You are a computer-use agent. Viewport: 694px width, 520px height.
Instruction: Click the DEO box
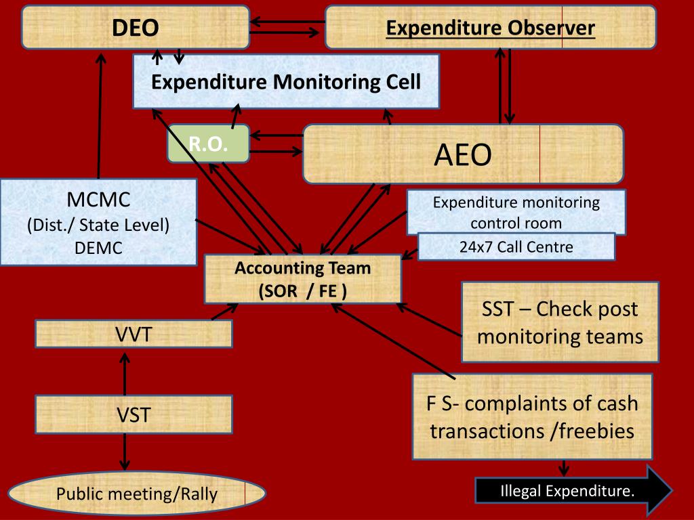135,28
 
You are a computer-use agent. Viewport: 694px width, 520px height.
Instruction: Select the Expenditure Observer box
490,28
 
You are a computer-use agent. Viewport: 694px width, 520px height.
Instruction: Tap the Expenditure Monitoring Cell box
285,82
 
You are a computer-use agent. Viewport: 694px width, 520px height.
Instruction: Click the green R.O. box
207,144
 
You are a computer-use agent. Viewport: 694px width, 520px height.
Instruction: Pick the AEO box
462,154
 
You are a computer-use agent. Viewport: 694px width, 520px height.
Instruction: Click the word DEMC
98,248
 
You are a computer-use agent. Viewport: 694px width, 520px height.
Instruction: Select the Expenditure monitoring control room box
516,212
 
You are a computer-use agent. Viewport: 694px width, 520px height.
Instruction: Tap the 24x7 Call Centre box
516,247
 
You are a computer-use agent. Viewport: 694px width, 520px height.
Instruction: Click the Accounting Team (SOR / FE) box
302,279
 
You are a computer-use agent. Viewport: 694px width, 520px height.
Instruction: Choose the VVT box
133,334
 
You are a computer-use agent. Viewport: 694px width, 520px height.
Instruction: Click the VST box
133,414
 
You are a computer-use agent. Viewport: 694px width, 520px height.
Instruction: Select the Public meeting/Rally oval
136,494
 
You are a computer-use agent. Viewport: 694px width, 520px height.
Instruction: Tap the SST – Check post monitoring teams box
560,322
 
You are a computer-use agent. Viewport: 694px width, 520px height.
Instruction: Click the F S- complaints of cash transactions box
532,416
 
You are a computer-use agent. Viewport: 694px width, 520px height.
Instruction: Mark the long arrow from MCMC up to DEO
100,115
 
